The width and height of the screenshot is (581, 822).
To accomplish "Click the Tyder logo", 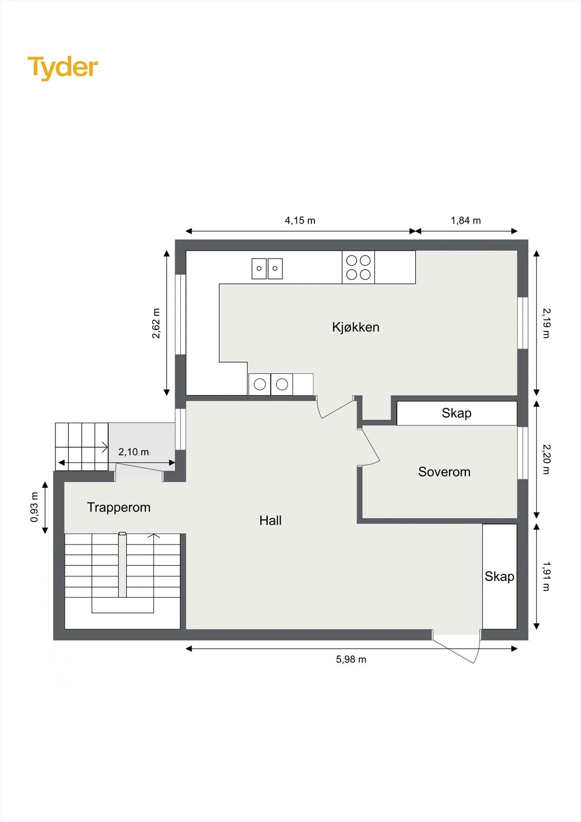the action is [x=63, y=68].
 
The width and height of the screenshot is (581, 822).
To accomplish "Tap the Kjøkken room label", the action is [x=355, y=327].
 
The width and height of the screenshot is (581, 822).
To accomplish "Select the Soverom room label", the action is [x=444, y=472].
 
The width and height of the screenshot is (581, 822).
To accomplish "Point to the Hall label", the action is [x=271, y=520].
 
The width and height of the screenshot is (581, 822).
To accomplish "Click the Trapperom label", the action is [x=119, y=508].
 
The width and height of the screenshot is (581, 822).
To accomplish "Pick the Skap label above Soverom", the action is [x=457, y=413].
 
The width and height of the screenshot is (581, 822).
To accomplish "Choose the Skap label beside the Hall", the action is [x=499, y=576].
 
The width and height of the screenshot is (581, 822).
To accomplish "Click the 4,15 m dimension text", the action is [x=300, y=220].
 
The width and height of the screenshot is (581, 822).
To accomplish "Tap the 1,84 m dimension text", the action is [x=466, y=220].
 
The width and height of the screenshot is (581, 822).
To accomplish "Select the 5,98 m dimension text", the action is [x=351, y=660].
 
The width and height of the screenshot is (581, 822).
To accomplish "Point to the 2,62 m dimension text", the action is [x=156, y=323].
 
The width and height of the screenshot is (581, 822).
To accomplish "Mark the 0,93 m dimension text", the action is [x=34, y=507].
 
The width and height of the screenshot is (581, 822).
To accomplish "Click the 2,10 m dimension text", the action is [x=134, y=452].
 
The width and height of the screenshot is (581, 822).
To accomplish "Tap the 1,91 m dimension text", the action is [x=547, y=576].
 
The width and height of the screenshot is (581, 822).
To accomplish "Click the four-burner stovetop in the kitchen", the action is [x=358, y=267].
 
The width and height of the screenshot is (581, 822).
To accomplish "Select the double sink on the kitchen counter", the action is [x=267, y=269].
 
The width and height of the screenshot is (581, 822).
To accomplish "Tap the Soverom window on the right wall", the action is [x=522, y=453].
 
